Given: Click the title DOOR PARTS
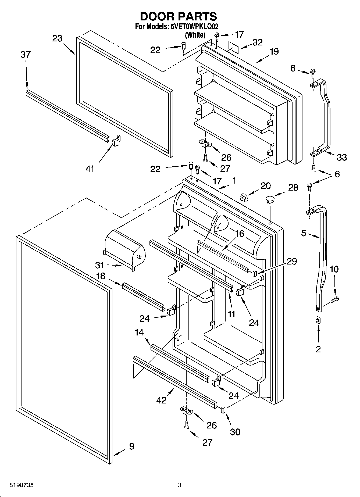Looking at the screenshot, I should click(179, 16).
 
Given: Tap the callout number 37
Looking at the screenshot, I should click(26, 55).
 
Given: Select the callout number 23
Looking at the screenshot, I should click(57, 38).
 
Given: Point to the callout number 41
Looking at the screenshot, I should click(90, 169).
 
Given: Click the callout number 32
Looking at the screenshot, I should click(258, 42).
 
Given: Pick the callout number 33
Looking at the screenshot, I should click(342, 157).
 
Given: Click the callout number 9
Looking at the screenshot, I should click(131, 446).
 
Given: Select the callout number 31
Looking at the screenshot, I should click(99, 265).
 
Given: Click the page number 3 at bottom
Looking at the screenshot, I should click(180, 485).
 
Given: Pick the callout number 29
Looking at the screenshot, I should click(292, 261).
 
